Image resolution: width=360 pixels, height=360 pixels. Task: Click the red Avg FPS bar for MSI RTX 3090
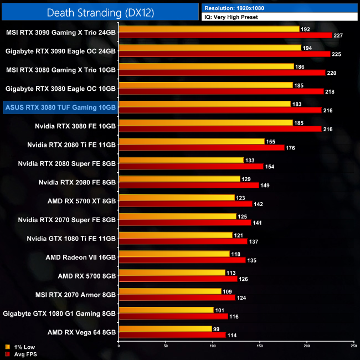point(225,35)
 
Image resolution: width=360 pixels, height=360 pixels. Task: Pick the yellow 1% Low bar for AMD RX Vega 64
point(165,329)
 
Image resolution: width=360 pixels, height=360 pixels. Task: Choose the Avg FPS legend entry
point(20,353)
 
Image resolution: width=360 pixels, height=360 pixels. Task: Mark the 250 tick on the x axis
point(353,346)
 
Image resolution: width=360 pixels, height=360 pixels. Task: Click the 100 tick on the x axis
point(213,346)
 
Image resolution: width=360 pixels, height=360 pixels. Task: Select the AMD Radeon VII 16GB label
point(80,257)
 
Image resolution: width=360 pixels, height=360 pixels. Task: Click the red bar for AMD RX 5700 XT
point(185,204)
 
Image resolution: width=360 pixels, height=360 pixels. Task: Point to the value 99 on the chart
point(216,329)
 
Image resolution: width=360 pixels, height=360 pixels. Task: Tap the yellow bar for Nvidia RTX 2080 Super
point(181,160)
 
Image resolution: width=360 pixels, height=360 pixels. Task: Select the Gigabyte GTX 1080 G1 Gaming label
point(59,313)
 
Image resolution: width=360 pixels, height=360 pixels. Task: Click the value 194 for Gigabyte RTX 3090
point(307,48)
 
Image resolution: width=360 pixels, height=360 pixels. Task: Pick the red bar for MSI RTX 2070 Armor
point(177,297)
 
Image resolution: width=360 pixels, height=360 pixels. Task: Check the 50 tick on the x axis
point(166,346)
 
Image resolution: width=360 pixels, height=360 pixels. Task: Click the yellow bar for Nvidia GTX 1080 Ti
point(176,235)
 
